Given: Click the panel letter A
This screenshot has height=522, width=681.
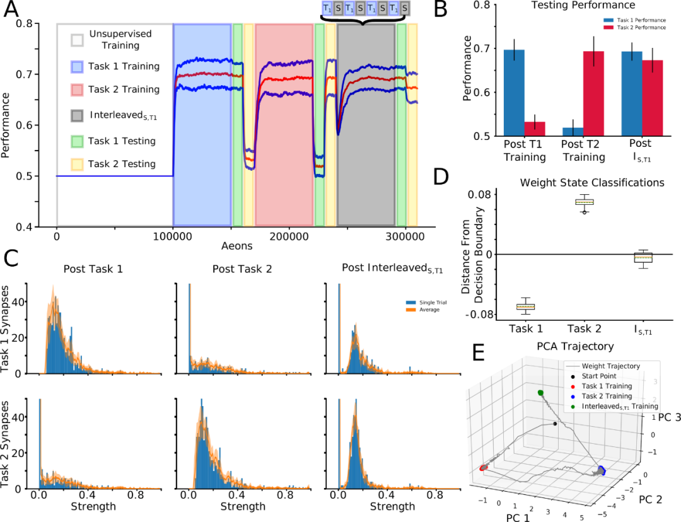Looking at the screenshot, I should pyautogui.click(x=12, y=12).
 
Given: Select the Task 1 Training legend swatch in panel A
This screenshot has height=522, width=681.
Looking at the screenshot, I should pyautogui.click(x=78, y=66).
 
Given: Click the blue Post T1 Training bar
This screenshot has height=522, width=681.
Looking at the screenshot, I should pyautogui.click(x=515, y=93).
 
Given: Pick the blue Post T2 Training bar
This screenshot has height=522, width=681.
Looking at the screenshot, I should pyautogui.click(x=573, y=132).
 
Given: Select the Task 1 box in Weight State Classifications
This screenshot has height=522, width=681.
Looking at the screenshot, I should pyautogui.click(x=525, y=306).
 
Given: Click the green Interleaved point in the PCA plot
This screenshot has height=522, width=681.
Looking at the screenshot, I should pyautogui.click(x=541, y=393).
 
